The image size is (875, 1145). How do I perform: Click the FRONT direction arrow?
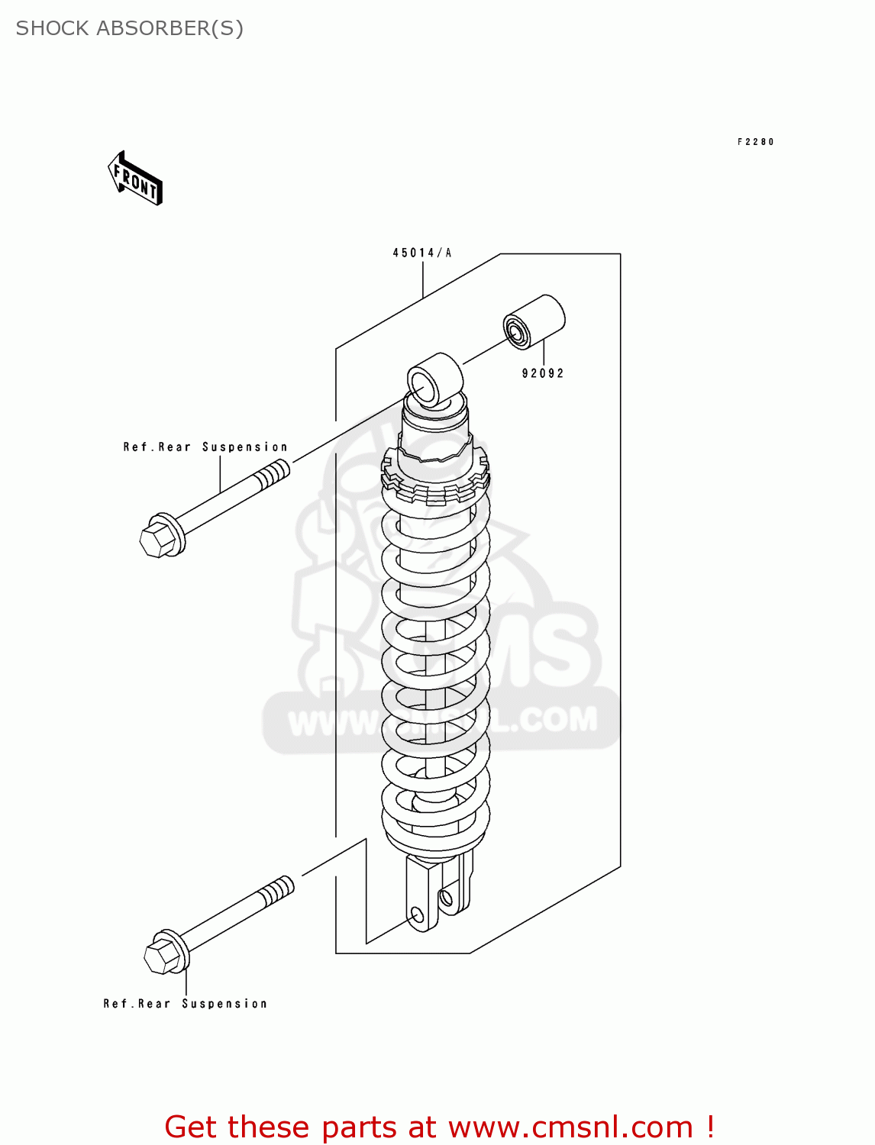click(136, 179)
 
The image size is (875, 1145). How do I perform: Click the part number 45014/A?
click(422, 253)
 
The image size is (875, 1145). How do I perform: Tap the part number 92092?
click(543, 373)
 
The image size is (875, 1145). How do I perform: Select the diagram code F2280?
click(756, 142)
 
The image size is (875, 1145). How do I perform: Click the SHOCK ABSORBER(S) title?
click(130, 28)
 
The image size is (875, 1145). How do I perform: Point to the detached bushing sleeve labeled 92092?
click(534, 321)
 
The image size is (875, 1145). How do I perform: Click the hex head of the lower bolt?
click(162, 955)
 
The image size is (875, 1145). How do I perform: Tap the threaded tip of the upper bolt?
click(273, 477)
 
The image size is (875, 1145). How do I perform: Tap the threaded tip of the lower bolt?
click(277, 891)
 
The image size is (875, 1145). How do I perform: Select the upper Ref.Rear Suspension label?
click(205, 447)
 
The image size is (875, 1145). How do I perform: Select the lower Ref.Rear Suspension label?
click(186, 1004)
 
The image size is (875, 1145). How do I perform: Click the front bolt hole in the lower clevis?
click(418, 914)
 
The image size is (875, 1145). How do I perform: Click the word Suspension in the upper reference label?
click(245, 447)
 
